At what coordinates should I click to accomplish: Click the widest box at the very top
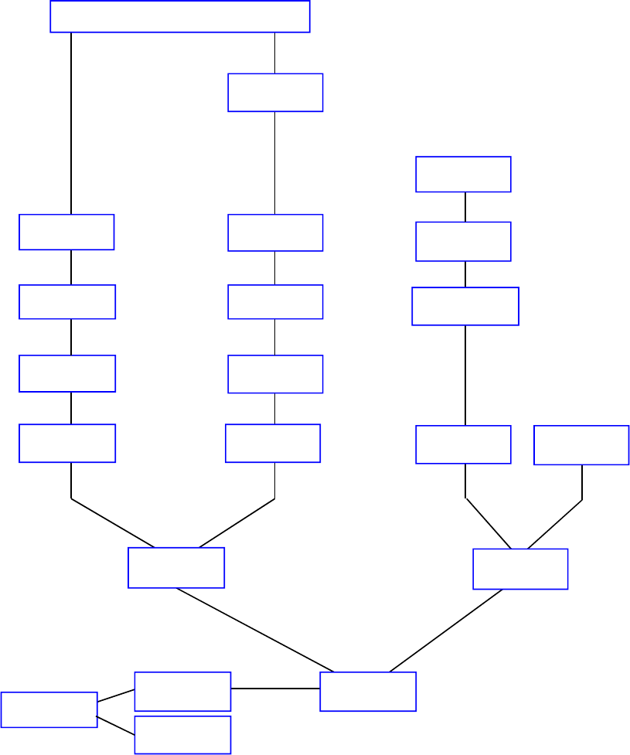(x=180, y=16)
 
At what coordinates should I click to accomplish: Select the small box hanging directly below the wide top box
(x=275, y=93)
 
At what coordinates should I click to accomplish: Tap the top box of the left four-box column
(x=66, y=232)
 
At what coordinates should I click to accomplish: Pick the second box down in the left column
(x=67, y=301)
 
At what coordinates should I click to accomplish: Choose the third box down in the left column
(x=67, y=373)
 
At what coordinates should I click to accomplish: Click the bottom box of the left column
(x=67, y=443)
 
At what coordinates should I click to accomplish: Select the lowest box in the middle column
(x=273, y=443)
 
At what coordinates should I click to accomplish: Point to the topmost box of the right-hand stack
(x=463, y=174)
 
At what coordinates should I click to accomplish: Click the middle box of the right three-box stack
(x=463, y=241)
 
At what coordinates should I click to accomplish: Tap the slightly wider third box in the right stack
(x=465, y=306)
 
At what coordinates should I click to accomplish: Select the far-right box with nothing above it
(x=581, y=445)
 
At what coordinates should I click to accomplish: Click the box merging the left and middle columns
(x=176, y=567)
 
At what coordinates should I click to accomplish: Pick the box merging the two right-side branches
(x=520, y=569)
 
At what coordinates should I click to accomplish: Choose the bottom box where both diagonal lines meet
(x=368, y=692)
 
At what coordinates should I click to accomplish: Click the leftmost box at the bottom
(x=49, y=709)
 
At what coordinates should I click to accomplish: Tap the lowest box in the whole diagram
(x=182, y=734)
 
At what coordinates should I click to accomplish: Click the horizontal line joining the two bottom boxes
(x=275, y=688)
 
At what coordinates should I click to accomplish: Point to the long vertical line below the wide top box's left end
(x=71, y=124)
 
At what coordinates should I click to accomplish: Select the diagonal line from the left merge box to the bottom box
(x=255, y=630)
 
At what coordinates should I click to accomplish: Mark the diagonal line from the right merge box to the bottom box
(x=446, y=631)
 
